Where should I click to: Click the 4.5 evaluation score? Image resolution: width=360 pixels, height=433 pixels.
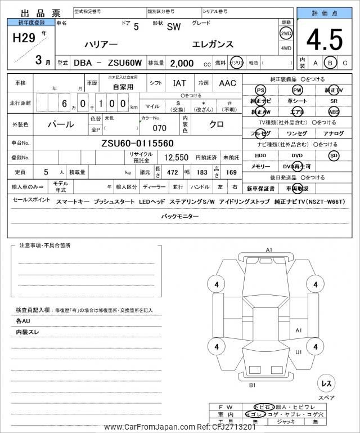(x=324, y=39)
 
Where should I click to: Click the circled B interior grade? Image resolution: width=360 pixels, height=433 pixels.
(x=331, y=63)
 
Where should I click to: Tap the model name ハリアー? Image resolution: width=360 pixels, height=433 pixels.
(x=101, y=44)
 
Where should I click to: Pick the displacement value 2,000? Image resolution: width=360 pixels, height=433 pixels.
(x=182, y=63)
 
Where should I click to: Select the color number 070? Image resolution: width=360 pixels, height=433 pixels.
(x=159, y=127)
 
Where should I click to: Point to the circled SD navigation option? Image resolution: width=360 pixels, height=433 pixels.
(x=334, y=155)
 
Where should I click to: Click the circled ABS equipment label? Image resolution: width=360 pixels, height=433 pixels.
(x=334, y=111)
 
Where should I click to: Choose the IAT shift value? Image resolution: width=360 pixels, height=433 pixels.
(x=179, y=83)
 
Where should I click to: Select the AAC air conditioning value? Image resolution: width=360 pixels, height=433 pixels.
(x=227, y=83)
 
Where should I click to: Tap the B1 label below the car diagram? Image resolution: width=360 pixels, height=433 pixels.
(x=253, y=385)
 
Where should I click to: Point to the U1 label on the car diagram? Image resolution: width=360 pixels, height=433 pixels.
(x=299, y=352)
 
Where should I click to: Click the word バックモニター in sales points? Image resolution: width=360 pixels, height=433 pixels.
(x=180, y=216)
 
